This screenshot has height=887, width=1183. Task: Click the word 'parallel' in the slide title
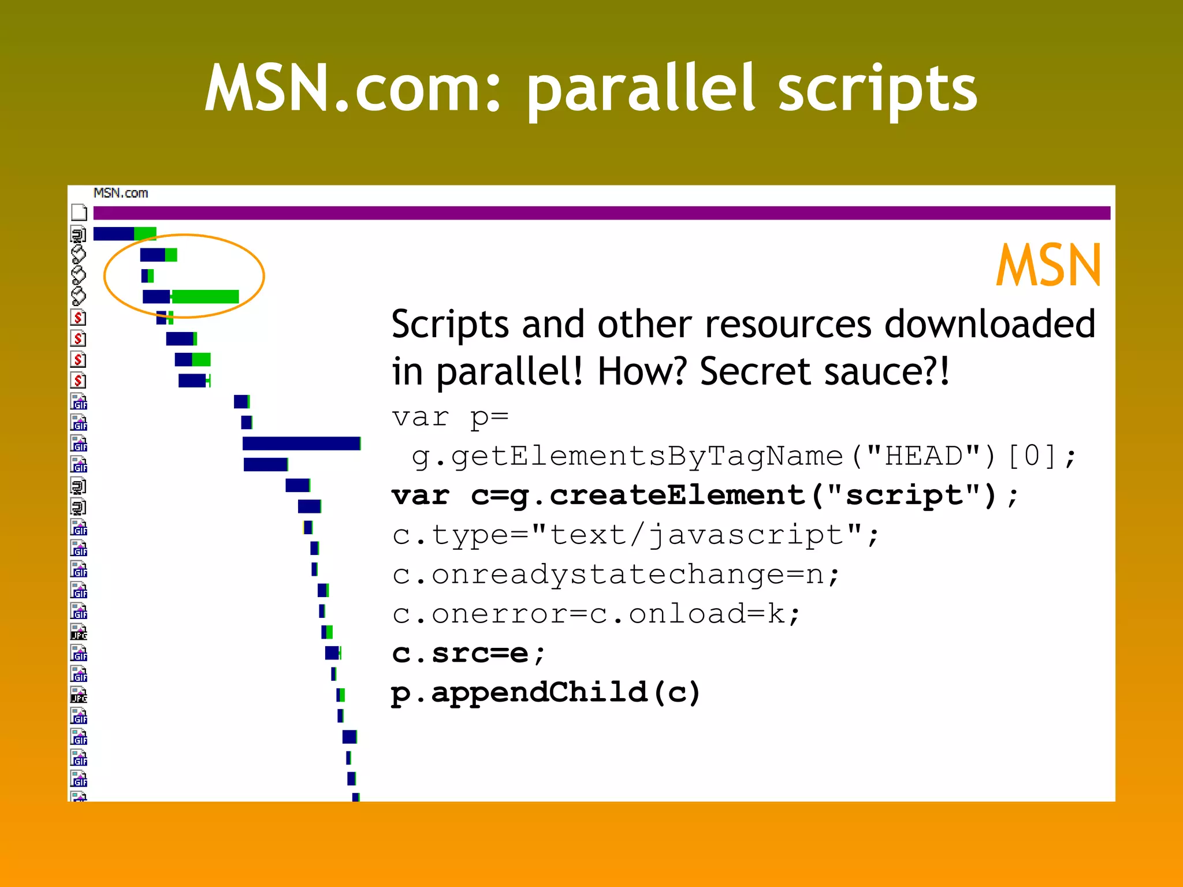point(641,90)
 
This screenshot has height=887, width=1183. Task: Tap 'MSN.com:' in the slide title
point(352,90)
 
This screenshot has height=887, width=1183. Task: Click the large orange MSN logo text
point(1048,266)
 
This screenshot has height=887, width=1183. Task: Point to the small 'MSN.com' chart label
point(121,193)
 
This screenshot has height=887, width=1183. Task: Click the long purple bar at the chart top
point(601,213)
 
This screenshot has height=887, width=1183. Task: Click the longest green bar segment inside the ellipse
point(206,297)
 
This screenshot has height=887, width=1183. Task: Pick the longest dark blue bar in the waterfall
point(301,443)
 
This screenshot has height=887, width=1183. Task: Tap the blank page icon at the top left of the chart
point(79,213)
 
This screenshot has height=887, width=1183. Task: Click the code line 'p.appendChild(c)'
point(545,693)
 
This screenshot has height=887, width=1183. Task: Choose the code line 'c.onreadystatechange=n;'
point(616,575)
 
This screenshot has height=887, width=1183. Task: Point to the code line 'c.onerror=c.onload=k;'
point(596,614)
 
